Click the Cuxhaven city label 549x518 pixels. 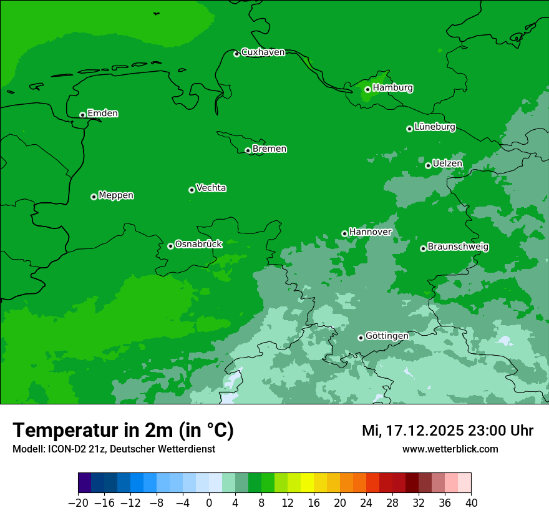(263, 52)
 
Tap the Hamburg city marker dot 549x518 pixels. (367, 89)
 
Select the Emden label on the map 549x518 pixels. (102, 113)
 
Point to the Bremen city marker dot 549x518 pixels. (248, 150)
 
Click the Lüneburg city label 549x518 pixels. (434, 127)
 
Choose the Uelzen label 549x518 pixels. (447, 164)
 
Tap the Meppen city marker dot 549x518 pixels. (94, 197)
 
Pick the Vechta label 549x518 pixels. (211, 188)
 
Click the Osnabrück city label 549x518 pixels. (198, 244)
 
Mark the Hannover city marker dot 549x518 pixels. (344, 233)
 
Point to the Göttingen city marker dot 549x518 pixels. (361, 338)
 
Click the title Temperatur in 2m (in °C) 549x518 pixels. (123, 431)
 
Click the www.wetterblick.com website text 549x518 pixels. (450, 449)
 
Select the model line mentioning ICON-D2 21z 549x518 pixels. (114, 449)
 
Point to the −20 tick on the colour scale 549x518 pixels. (79, 502)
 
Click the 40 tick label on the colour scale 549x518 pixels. (471, 502)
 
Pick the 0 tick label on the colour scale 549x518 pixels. (209, 502)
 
